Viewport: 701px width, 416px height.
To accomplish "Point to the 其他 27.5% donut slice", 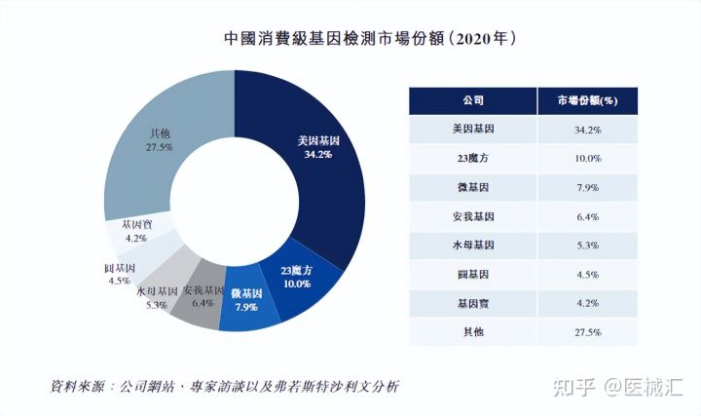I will [161, 139].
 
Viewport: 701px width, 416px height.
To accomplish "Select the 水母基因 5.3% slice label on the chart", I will [156, 297].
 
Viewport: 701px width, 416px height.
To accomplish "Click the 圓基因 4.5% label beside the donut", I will [119, 274].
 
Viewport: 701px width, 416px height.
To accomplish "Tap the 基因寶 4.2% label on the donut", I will [134, 230].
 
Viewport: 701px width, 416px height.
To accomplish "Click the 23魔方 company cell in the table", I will [473, 158].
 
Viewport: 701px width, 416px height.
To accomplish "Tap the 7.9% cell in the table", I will [588, 187].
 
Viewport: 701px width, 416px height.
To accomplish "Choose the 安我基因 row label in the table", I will [473, 216].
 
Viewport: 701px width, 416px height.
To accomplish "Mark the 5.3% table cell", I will [588, 245].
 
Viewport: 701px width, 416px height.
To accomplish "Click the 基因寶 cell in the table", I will [473, 303].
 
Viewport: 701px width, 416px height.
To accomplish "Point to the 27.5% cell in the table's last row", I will [588, 332].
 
